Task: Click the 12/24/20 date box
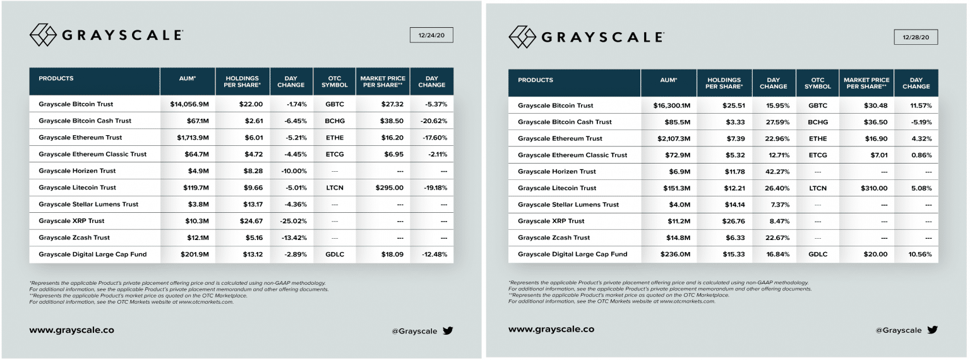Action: pyautogui.click(x=431, y=35)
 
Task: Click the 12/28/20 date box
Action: pyautogui.click(x=916, y=37)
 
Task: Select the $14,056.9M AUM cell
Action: pyautogui.click(x=188, y=104)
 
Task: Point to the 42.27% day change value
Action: pyautogui.click(x=774, y=171)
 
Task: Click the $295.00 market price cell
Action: pyautogui.click(x=382, y=188)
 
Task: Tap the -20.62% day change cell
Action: pyautogui.click(x=432, y=121)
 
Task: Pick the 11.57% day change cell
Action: pyautogui.click(x=916, y=105)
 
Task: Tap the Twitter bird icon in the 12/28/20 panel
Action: pyautogui.click(x=932, y=330)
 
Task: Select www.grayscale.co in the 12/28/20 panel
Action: pyautogui.click(x=551, y=329)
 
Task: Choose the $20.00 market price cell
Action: pyautogui.click(x=867, y=254)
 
